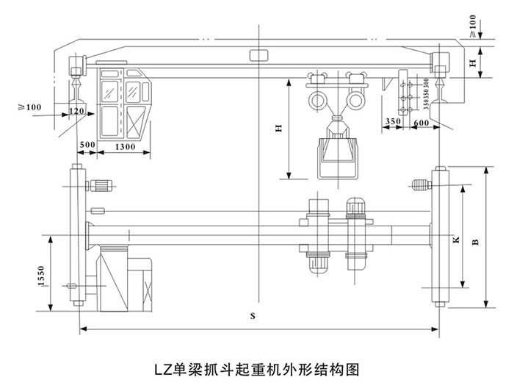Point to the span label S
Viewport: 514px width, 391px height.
252,317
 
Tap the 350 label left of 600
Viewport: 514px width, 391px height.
392,120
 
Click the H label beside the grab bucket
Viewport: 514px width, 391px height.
278,129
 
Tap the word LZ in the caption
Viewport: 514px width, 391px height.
162,365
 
